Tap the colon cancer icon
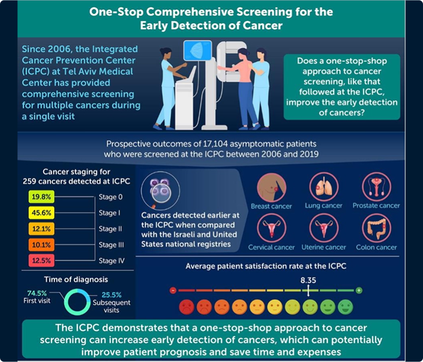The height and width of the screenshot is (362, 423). (x=376, y=229)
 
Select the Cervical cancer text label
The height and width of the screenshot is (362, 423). (x=271, y=248)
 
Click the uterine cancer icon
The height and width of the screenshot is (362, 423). (x=323, y=229)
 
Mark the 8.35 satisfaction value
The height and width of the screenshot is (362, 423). (x=308, y=280)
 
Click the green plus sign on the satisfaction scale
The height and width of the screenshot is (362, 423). (x=359, y=290)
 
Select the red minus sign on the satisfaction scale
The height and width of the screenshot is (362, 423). (x=173, y=290)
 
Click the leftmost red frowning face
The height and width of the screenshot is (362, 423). (x=185, y=307)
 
